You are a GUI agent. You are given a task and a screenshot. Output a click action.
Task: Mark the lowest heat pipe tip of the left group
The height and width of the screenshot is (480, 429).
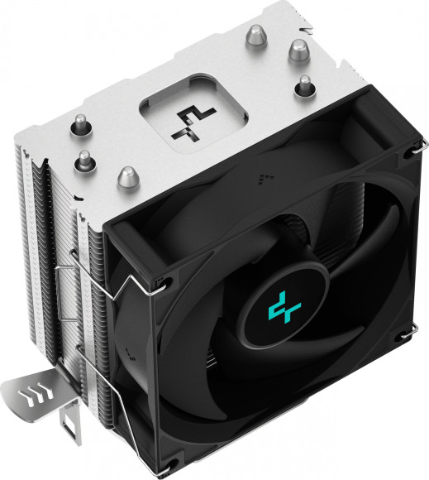click(x=126, y=175)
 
